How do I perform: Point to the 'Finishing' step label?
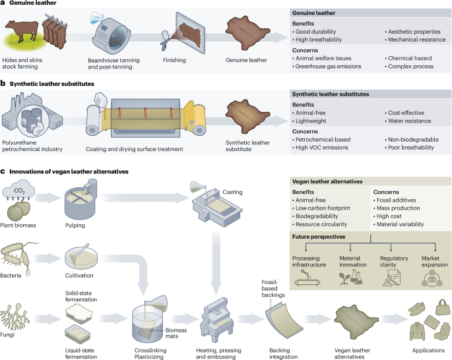click(174, 61)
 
